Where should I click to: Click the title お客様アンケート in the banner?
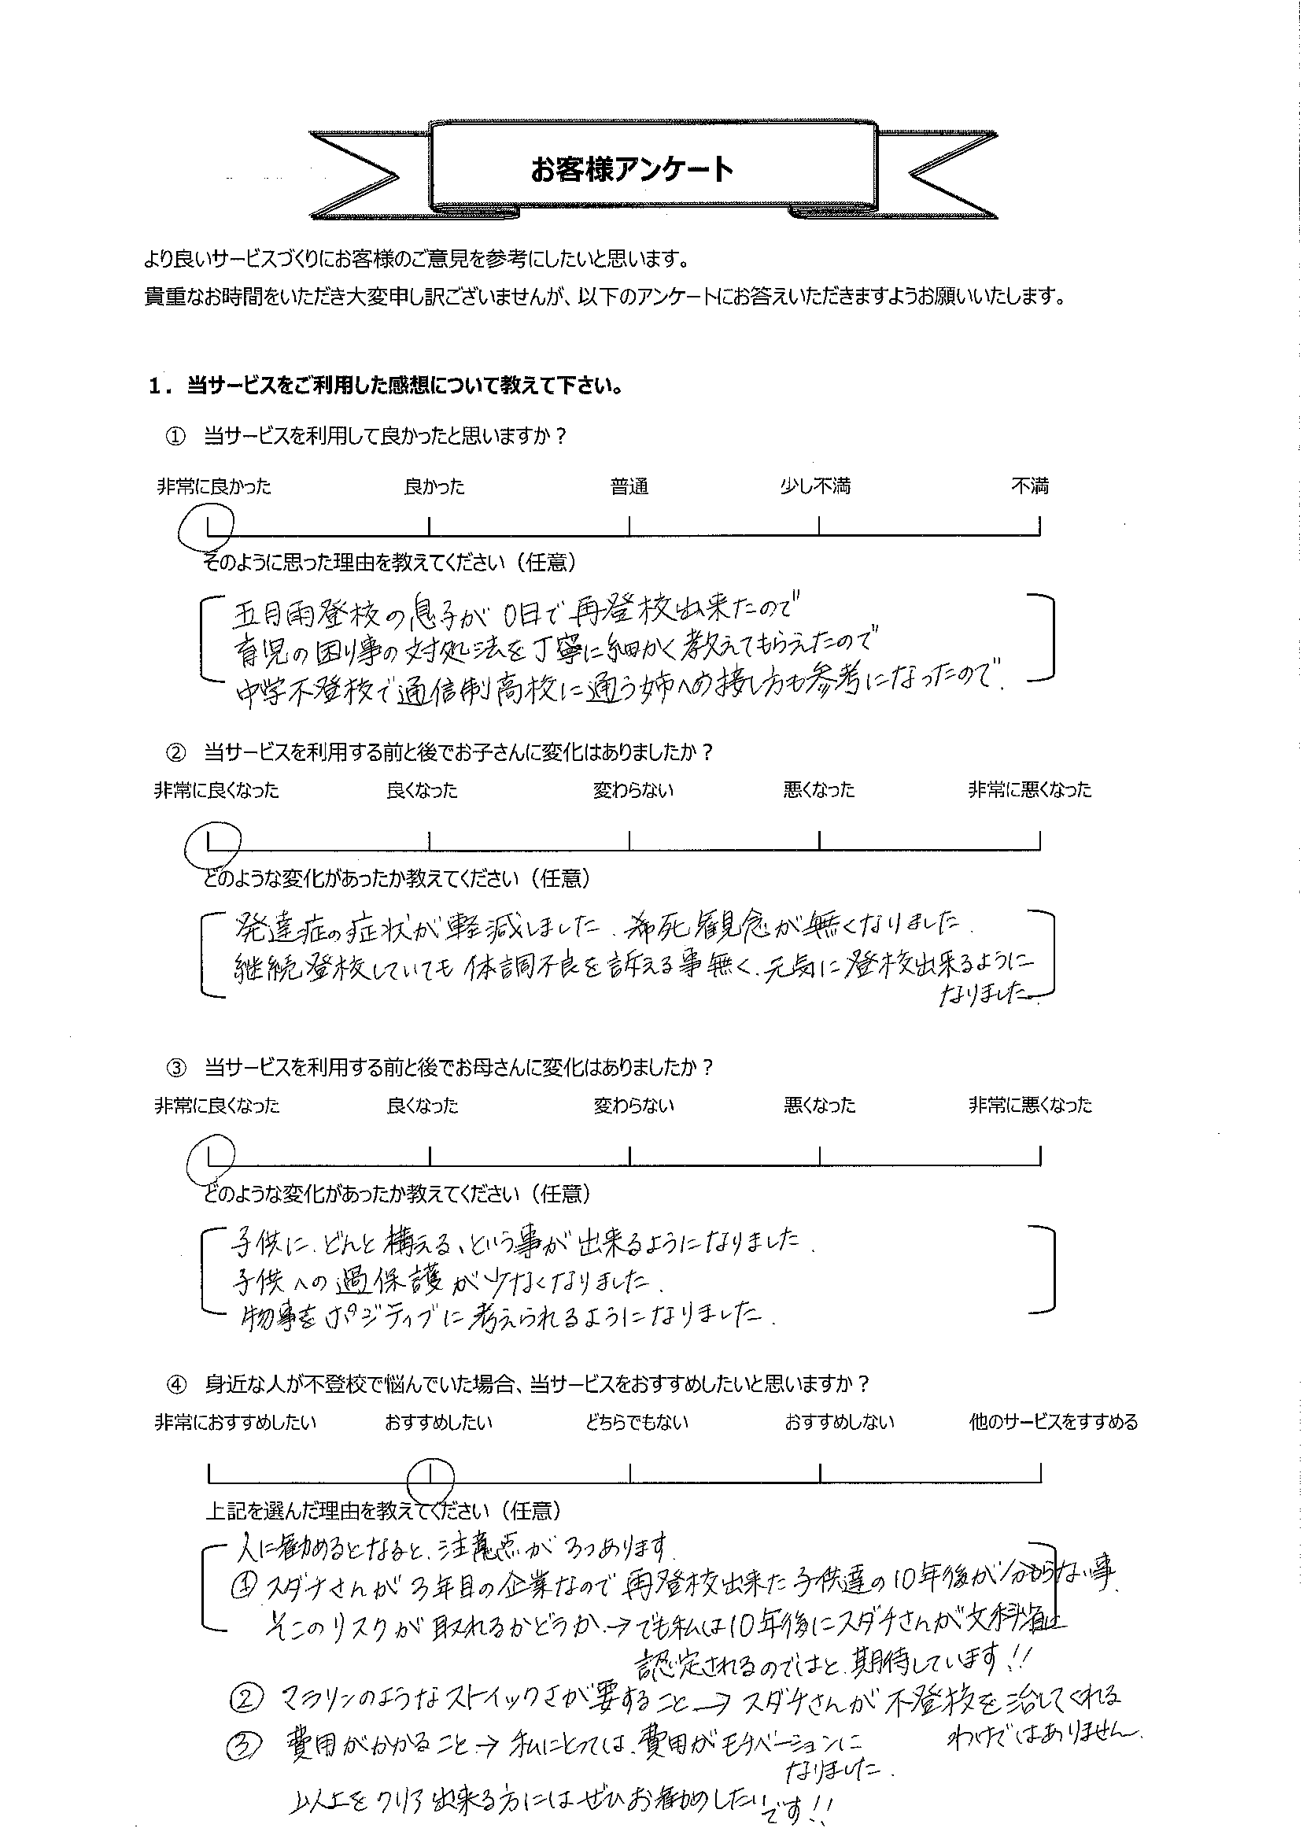632,170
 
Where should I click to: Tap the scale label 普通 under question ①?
629,486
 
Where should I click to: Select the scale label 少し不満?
815,486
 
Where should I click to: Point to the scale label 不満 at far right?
1029,486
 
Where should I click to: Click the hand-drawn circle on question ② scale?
210,843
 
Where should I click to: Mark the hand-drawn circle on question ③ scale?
210,1158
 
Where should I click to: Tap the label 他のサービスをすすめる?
1053,1423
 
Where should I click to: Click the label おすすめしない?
839,1423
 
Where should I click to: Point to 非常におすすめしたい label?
235,1423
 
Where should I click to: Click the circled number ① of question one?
174,437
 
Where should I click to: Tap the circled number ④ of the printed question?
174,1384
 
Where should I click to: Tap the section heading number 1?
155,386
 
